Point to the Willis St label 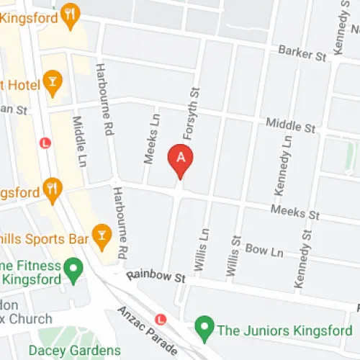tap(231, 256)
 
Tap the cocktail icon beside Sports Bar tap(102, 235)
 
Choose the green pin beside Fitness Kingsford tap(72, 271)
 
